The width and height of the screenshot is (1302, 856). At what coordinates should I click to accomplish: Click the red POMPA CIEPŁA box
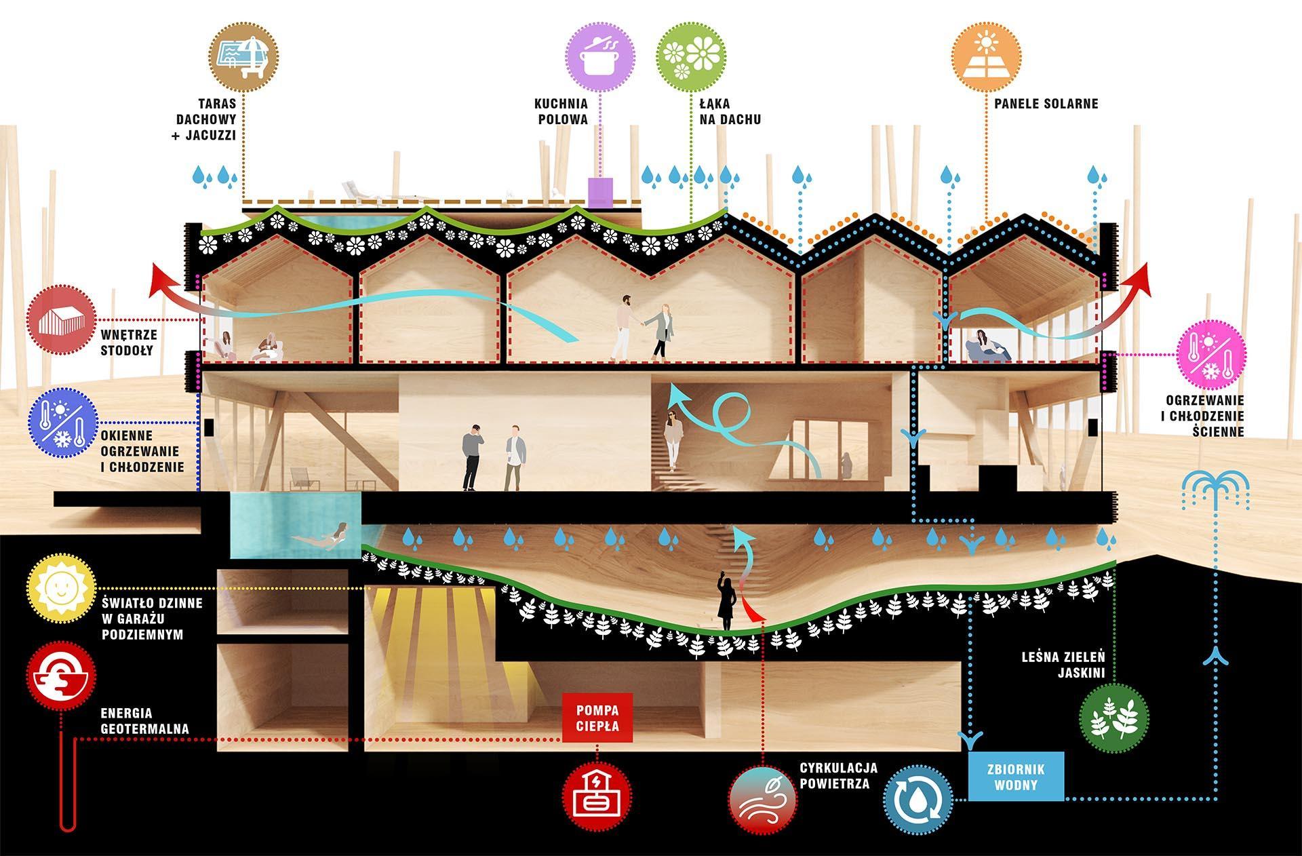(x=597, y=718)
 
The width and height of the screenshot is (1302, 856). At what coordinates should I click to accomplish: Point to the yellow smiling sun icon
(x=61, y=587)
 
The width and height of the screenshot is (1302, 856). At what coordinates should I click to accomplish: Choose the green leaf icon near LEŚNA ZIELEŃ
(x=1113, y=718)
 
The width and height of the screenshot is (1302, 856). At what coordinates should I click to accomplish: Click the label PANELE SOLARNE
(x=1046, y=104)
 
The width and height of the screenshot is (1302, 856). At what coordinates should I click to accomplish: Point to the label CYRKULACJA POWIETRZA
(x=838, y=776)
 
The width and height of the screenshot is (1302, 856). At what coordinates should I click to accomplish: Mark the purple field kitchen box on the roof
(x=599, y=193)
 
